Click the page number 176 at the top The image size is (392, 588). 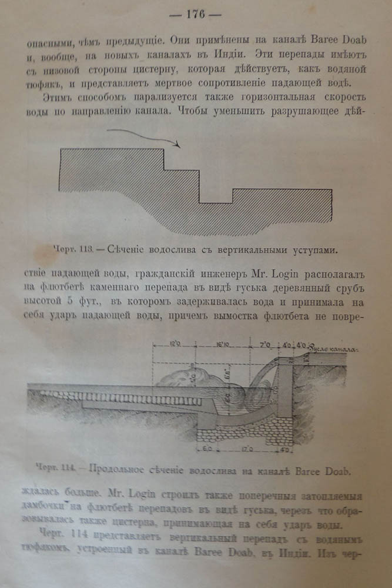tap(196, 15)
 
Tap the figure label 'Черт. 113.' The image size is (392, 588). tap(83, 249)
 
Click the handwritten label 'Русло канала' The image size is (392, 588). tap(336, 349)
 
